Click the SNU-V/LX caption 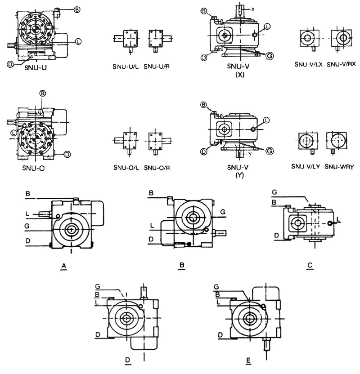point(308,64)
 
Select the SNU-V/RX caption point(342,64)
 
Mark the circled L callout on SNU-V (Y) point(266,120)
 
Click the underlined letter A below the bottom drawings point(64,266)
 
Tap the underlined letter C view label point(310,266)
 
